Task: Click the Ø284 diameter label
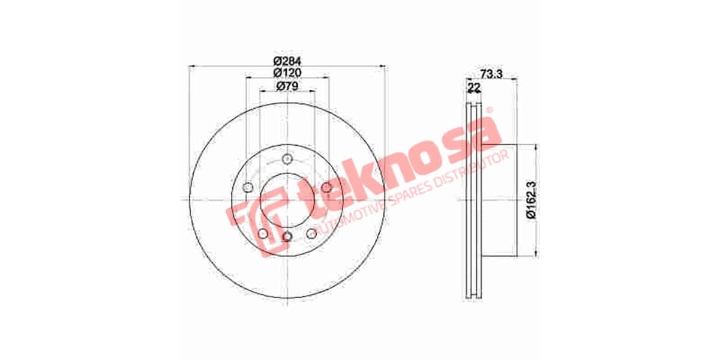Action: pyautogui.click(x=287, y=61)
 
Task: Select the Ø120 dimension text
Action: pyautogui.click(x=287, y=73)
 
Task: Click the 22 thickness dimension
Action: pyautogui.click(x=474, y=88)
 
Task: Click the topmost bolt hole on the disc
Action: pyautogui.click(x=287, y=160)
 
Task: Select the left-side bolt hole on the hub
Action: pyautogui.click(x=248, y=188)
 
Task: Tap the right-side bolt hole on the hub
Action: pyautogui.click(x=326, y=188)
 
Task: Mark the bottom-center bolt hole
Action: pyautogui.click(x=287, y=237)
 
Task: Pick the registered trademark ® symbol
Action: pyautogui.click(x=490, y=110)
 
